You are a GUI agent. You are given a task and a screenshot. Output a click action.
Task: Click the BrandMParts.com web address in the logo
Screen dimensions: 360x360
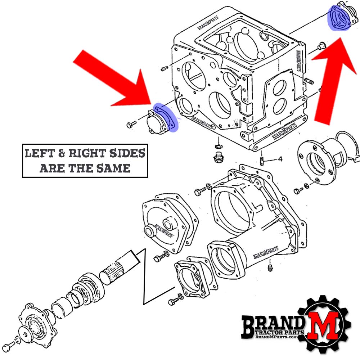coord(276,337)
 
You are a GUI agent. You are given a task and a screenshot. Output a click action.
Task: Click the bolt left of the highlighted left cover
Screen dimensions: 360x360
coord(131,124)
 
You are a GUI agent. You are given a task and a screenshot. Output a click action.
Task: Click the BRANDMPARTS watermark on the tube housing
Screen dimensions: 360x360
coord(267,252)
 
